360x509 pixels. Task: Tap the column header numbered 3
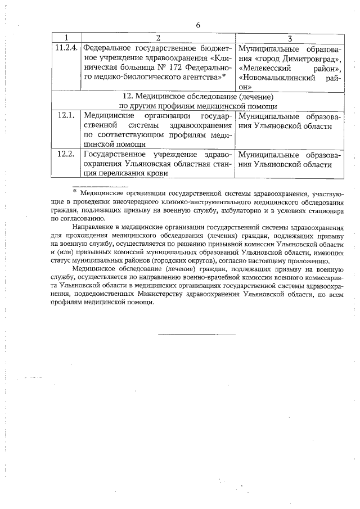289,38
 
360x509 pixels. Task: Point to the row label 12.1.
66,115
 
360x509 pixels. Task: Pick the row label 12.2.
66,154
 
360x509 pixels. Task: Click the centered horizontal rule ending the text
196,335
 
